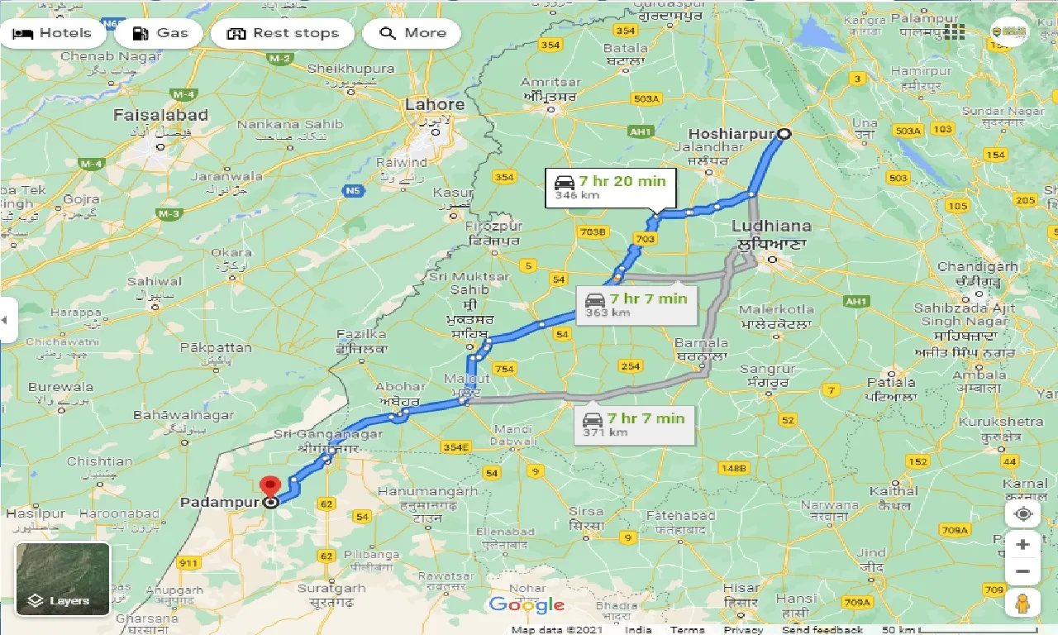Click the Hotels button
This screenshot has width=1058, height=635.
[53, 34]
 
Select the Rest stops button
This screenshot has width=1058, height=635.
[283, 34]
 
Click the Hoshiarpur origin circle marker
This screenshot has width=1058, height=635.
[784, 134]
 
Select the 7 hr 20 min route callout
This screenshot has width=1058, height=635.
[610, 188]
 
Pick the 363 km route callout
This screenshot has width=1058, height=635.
[636, 304]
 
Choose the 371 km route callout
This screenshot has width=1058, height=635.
[635, 424]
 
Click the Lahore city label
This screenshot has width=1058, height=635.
[435, 105]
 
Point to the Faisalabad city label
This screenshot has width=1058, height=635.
[160, 115]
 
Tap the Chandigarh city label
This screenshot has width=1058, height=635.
[978, 267]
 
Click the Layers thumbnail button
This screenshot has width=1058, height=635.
[63, 579]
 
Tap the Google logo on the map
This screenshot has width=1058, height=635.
[527, 605]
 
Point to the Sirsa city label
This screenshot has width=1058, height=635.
[586, 512]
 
